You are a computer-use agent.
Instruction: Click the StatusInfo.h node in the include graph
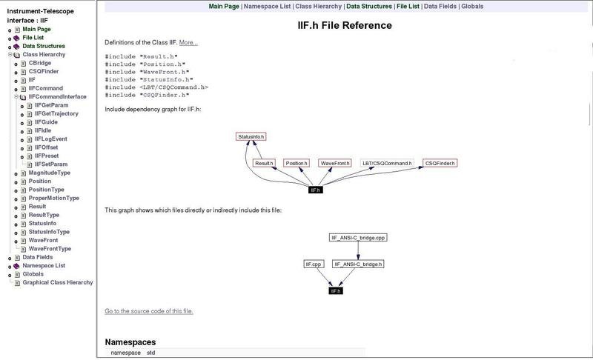pos(251,137)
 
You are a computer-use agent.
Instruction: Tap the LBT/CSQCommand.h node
pos(386,162)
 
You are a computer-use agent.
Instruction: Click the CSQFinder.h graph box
pos(440,162)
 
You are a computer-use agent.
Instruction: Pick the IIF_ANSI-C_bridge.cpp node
pos(358,238)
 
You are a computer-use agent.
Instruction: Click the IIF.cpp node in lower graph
pos(313,264)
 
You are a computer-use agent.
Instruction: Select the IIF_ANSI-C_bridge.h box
pos(358,264)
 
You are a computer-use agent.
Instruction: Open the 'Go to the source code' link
pos(149,310)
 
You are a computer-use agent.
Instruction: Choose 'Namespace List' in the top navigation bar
pos(266,6)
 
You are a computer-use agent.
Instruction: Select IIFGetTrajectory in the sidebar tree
pos(56,113)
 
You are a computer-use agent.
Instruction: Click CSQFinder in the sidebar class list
pos(44,71)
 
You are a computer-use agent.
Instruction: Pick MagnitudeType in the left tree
pos(50,172)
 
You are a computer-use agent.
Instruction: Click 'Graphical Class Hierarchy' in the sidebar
pos(58,282)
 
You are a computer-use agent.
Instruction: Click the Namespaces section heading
pos(130,342)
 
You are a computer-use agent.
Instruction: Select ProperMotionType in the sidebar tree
pos(54,198)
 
